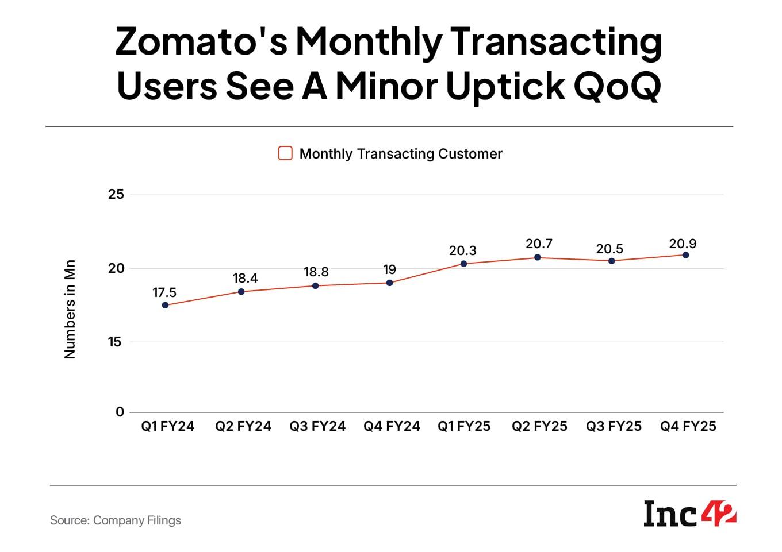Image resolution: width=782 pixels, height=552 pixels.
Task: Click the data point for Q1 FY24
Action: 166,305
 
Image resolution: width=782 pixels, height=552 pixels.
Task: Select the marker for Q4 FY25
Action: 685,255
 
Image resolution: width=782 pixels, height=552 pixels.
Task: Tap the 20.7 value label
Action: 539,244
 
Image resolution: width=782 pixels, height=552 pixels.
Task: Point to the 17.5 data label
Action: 164,293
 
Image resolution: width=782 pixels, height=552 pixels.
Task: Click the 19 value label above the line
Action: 389,269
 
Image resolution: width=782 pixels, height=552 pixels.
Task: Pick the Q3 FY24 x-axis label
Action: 317,426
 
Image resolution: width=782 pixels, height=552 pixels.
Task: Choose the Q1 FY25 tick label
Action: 464,426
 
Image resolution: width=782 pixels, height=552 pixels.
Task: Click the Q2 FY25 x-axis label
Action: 539,426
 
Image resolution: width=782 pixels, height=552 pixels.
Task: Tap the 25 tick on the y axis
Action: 116,194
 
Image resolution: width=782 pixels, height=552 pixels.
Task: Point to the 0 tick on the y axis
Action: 120,412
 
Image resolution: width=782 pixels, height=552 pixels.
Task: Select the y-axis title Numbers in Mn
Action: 70,310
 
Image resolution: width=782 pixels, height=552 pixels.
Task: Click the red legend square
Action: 285,153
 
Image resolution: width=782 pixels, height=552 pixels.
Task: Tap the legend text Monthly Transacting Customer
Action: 401,154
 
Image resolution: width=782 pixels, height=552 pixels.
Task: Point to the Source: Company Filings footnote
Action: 116,520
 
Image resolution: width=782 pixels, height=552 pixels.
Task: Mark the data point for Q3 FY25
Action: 612,261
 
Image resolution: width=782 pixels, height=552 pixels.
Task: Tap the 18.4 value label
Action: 245,279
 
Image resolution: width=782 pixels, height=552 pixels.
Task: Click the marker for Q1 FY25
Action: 463,264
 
